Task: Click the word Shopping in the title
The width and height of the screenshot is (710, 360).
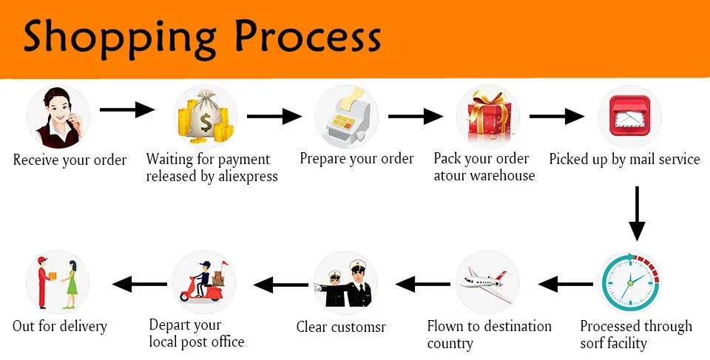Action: [x=118, y=36]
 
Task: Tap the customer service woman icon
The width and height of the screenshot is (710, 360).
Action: [x=58, y=118]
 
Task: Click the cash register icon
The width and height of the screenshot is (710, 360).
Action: [x=346, y=118]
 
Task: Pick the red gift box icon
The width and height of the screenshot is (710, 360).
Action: [x=487, y=118]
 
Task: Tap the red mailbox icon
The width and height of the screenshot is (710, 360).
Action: [x=629, y=118]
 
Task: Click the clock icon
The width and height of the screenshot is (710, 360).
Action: [x=629, y=283]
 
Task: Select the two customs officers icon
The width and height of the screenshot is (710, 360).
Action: [x=345, y=283]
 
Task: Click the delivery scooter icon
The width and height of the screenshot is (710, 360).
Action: [x=204, y=283]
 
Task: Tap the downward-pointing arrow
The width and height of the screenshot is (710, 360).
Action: [x=636, y=214]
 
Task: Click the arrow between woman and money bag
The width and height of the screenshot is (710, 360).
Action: [x=127, y=110]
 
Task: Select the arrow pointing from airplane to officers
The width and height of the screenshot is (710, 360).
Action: [x=422, y=282]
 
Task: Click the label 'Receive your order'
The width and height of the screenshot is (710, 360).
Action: [x=70, y=160]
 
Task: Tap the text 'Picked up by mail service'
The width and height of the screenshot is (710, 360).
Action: [x=624, y=159]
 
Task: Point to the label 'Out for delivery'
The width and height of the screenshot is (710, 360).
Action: [x=60, y=326]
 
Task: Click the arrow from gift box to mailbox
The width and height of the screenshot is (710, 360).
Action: [x=557, y=116]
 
